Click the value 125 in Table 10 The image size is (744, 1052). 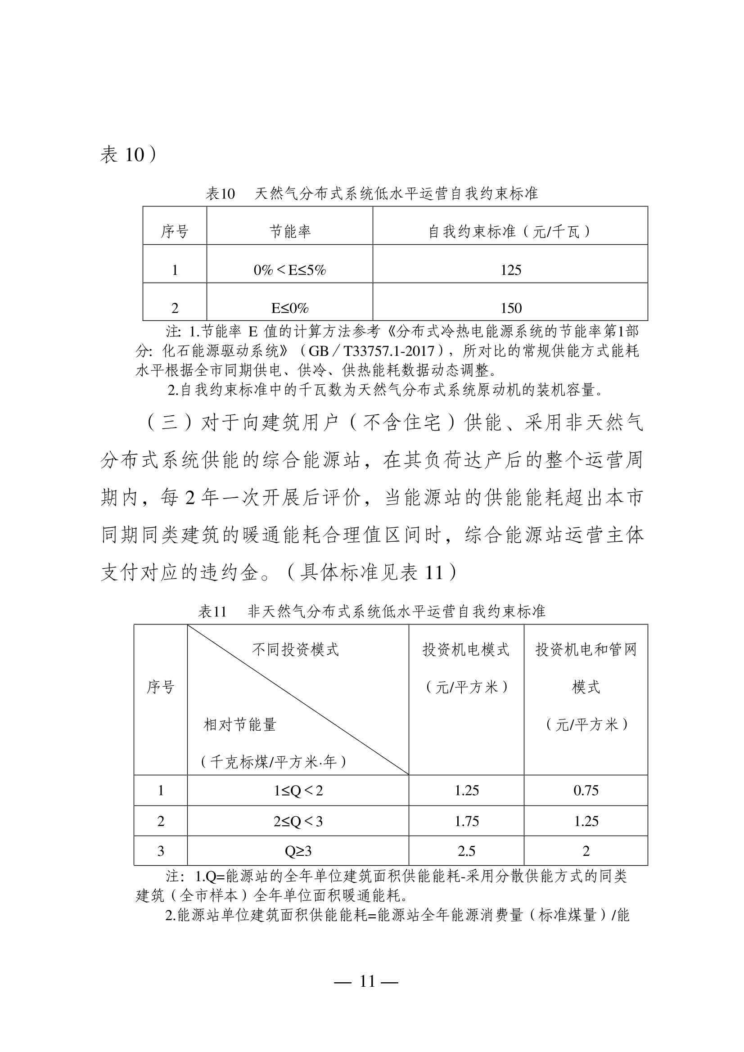(x=511, y=270)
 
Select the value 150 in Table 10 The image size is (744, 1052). (x=511, y=308)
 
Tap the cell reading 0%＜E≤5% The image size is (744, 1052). (x=290, y=270)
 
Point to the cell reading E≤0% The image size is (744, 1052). (x=290, y=308)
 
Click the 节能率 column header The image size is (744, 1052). (x=290, y=232)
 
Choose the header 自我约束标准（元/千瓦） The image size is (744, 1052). (x=510, y=232)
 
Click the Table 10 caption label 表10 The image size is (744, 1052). (x=220, y=194)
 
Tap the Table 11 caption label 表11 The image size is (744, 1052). (x=212, y=611)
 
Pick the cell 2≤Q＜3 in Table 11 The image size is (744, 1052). (x=298, y=821)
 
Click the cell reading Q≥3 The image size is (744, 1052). (x=298, y=851)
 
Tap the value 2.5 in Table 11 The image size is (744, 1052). (x=466, y=851)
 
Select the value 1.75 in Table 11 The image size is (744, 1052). (x=466, y=821)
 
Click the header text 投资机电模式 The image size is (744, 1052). (x=466, y=650)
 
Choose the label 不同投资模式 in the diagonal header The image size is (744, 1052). (x=295, y=650)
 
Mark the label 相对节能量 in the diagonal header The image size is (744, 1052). (x=240, y=725)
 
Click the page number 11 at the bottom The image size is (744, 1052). (x=367, y=981)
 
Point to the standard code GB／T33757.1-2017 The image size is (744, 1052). (x=371, y=351)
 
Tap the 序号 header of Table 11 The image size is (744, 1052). (x=160, y=687)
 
